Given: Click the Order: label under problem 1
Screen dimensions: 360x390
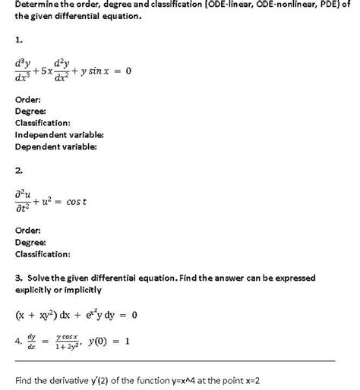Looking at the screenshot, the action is tap(27, 99).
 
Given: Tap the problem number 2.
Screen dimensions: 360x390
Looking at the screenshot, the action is tap(19, 171).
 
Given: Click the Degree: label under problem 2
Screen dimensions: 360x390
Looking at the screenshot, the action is tap(30, 241).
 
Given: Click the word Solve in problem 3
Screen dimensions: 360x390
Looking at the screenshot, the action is tap(38, 278).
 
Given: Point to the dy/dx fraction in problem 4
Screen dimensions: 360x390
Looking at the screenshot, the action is tap(31, 341).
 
